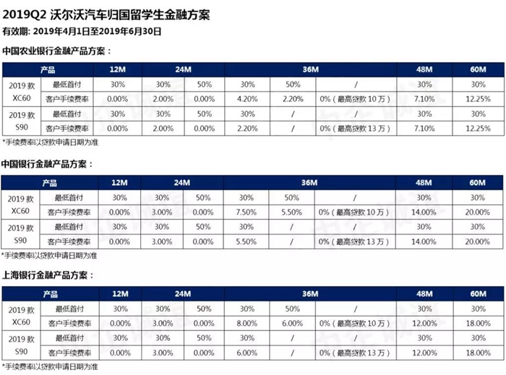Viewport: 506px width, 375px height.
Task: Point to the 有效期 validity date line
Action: pos(81,31)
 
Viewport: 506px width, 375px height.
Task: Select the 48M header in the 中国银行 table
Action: pos(424,183)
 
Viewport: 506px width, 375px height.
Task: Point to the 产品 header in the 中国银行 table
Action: pos(49,183)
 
